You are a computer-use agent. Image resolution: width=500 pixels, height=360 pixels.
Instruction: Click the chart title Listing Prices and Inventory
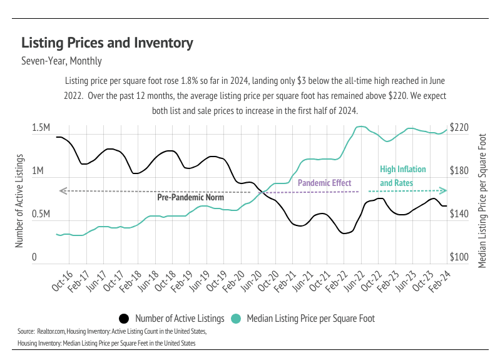pos(107,43)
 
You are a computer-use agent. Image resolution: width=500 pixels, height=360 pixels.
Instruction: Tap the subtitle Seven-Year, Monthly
pos(61,61)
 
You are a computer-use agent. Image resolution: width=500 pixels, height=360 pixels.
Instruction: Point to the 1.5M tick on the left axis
pos(41,128)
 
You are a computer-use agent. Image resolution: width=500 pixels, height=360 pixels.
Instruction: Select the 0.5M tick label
pos(41,214)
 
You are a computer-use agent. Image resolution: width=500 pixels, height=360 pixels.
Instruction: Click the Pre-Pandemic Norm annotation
pos(190,197)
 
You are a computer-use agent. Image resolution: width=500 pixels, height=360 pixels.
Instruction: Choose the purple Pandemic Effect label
pos(324,183)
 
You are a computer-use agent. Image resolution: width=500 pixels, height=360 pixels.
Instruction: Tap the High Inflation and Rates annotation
pos(403,176)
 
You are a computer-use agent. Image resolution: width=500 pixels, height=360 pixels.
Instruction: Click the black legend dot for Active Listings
pos(124,318)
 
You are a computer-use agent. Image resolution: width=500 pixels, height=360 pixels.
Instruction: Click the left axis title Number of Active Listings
pos(20,200)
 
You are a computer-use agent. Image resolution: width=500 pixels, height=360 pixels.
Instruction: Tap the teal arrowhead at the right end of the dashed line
pos(444,190)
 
